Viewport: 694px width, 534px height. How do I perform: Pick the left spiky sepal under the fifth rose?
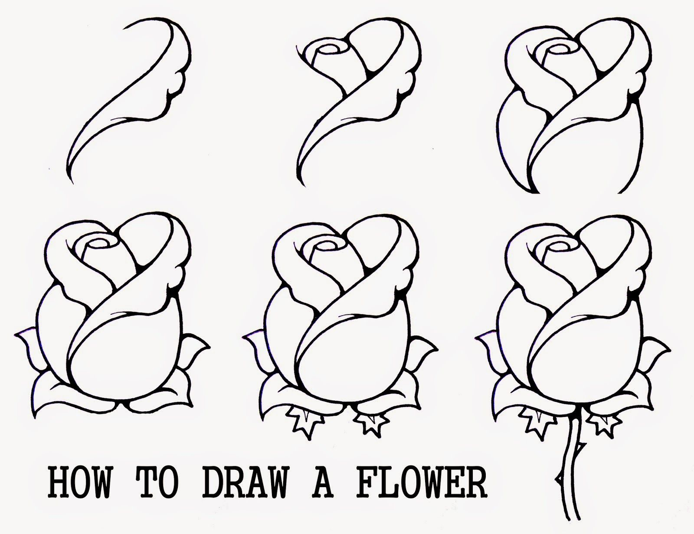tap(303, 418)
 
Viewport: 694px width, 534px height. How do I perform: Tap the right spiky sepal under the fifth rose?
tap(369, 420)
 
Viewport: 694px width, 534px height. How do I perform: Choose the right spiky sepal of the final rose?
tap(600, 420)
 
